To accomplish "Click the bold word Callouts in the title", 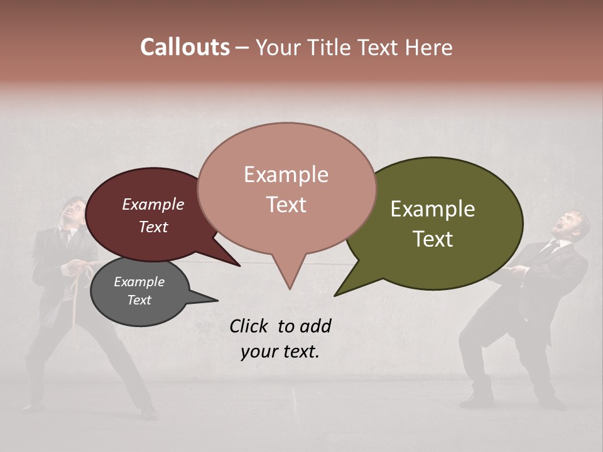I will coord(185,47).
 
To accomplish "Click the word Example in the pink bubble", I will coord(286,175).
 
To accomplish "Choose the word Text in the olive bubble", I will coord(433,239).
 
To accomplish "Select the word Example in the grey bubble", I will coord(139,282).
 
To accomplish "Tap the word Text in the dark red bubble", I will coord(153,227).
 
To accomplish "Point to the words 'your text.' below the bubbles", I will coord(280,352).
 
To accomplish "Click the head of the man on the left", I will coord(76,213).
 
